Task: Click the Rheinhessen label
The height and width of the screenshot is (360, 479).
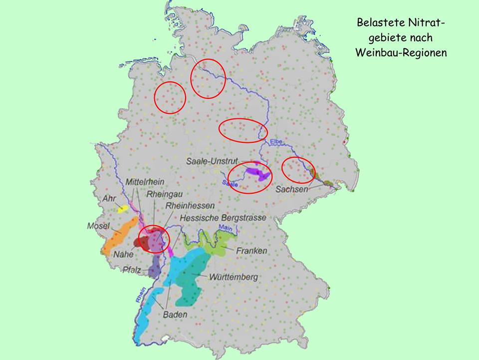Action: pyautogui.click(x=190, y=206)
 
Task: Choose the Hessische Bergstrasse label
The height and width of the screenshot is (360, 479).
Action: pyautogui.click(x=223, y=218)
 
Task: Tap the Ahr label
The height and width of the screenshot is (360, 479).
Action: pyautogui.click(x=109, y=199)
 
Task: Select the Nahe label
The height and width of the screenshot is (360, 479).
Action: pyautogui.click(x=123, y=254)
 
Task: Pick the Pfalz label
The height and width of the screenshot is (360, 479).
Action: pyautogui.click(x=132, y=271)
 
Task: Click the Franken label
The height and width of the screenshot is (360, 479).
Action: pyautogui.click(x=252, y=251)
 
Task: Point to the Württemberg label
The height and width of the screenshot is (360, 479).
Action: pyautogui.click(x=233, y=277)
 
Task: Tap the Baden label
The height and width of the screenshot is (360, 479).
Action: pyautogui.click(x=175, y=315)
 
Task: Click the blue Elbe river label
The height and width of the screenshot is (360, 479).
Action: pyautogui.click(x=276, y=142)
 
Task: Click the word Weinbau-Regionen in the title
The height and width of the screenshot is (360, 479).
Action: pyautogui.click(x=401, y=52)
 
